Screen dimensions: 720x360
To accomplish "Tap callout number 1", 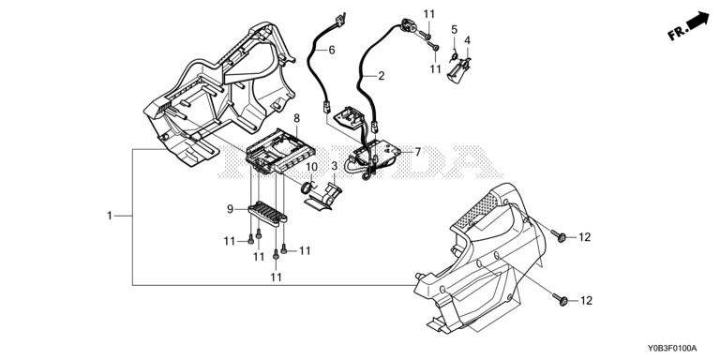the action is click(x=110, y=216).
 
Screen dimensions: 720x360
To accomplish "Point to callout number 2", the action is click(x=382, y=76).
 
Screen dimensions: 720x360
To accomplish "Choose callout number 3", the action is click(x=335, y=165).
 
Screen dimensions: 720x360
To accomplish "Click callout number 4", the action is click(x=467, y=40).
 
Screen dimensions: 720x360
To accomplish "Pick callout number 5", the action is click(x=454, y=30).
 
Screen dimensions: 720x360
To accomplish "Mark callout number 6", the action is click(x=332, y=50).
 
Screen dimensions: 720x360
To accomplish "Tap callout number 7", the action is click(x=417, y=152).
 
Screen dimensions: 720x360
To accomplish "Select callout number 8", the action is click(x=296, y=118).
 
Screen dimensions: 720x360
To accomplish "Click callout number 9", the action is click(x=230, y=209).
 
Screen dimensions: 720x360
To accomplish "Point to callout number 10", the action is click(x=311, y=166).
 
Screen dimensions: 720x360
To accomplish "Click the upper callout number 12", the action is click(x=585, y=237).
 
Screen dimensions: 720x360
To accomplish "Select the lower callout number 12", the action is click(x=586, y=301).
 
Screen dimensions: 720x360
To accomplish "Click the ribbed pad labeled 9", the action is click(x=267, y=214).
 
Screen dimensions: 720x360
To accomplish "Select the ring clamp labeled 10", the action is click(x=307, y=187).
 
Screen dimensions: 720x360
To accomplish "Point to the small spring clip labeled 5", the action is click(x=454, y=56).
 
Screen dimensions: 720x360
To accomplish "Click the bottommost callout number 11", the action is click(x=276, y=277).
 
